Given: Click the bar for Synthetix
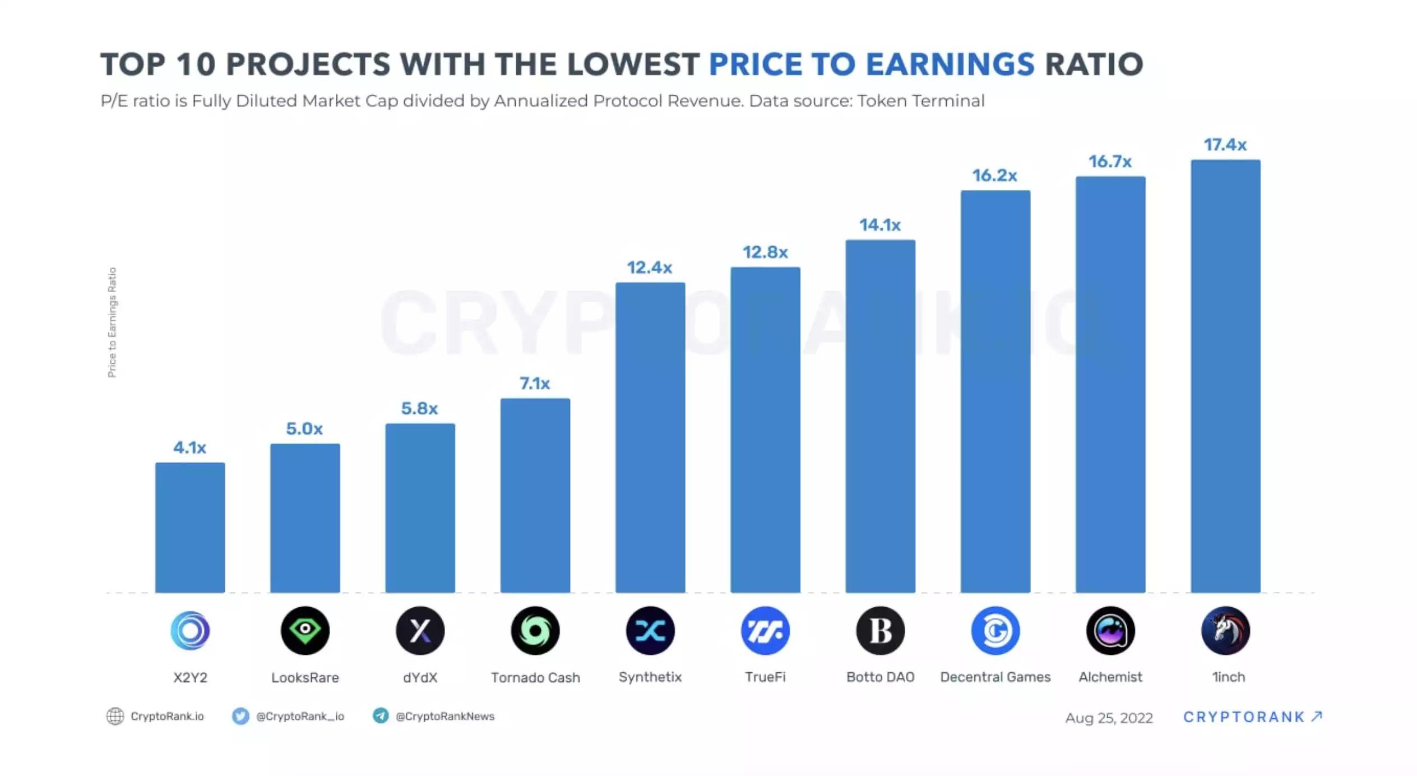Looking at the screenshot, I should click(650, 437).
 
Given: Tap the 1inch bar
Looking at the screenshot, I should click(1225, 376).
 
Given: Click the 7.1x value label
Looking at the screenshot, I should click(535, 384).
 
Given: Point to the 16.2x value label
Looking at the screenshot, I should click(994, 175).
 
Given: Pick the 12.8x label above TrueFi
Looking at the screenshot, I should click(765, 252).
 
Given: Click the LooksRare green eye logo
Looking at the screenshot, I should click(305, 630).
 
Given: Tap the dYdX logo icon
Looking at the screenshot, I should click(420, 630).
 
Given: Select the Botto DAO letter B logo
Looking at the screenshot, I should click(880, 630).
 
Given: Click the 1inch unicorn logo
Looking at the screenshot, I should click(1225, 630).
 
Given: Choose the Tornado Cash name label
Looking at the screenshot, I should click(535, 677).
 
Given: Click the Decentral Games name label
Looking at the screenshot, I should click(995, 677).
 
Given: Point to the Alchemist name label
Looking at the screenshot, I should click(1110, 677).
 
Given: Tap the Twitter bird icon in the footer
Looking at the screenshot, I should click(240, 716).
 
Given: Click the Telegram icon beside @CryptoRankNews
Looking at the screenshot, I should click(381, 715).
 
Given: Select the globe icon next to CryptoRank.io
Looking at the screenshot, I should click(115, 716).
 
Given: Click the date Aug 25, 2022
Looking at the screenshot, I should click(1109, 718).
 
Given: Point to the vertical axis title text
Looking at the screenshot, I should click(112, 322).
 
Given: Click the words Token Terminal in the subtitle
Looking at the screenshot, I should click(920, 101).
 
